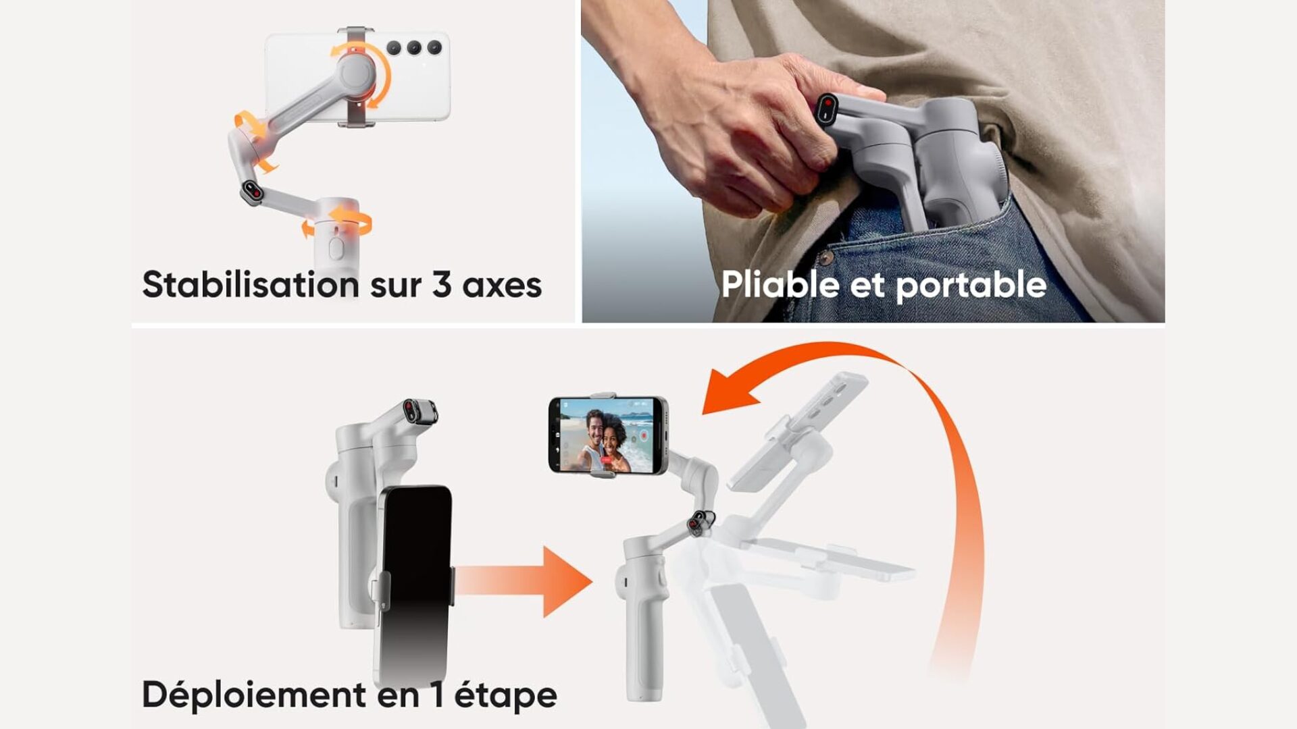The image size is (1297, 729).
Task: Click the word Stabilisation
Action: coord(251,284)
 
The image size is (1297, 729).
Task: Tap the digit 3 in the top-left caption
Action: coord(442,284)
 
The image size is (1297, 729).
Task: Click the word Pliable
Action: coord(780,284)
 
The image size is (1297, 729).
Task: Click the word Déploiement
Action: coord(255,695)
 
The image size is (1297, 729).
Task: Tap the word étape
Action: coord(505,695)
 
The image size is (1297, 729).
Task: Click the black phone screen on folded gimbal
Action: coord(413,584)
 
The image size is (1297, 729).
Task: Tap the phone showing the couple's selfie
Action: coord(608,435)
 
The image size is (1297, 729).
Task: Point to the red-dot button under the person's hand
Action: coord(828,109)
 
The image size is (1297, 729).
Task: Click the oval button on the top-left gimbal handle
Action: coord(335,248)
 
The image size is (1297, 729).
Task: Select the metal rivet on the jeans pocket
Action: coord(825,257)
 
